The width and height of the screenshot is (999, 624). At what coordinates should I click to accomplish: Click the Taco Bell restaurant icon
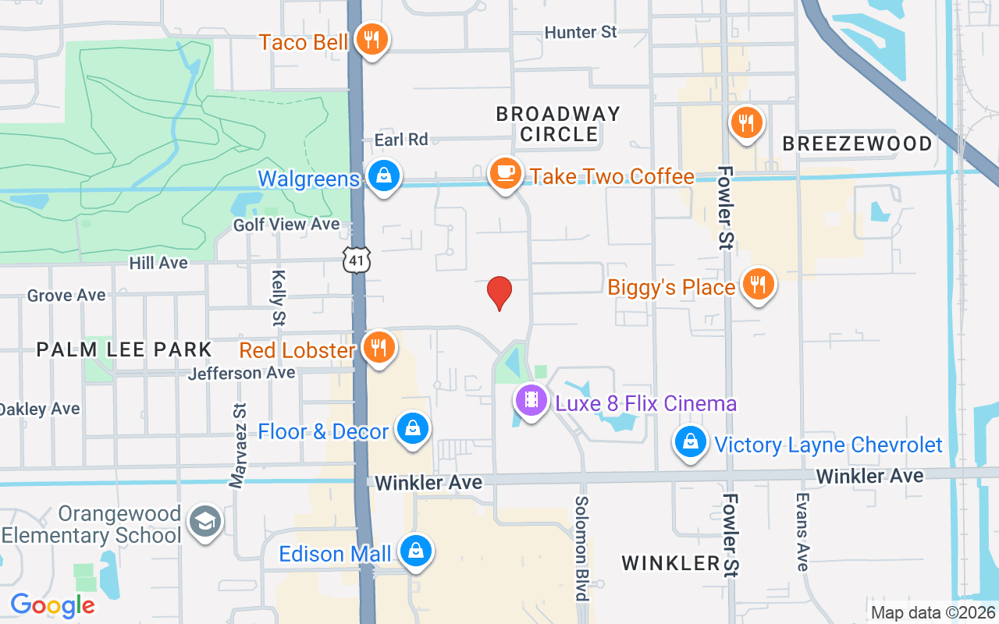pyautogui.click(x=372, y=39)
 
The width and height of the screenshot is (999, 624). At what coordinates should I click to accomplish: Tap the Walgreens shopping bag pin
pyautogui.click(x=384, y=176)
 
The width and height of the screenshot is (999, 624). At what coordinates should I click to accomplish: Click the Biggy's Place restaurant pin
pyautogui.click(x=756, y=285)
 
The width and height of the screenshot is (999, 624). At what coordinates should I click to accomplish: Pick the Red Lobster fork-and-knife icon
pyautogui.click(x=379, y=347)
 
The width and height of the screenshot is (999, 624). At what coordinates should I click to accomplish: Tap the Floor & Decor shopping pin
pyautogui.click(x=412, y=429)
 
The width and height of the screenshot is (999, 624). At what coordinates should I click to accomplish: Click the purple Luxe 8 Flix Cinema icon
pyautogui.click(x=531, y=401)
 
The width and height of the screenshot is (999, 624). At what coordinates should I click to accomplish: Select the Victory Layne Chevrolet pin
pyautogui.click(x=691, y=442)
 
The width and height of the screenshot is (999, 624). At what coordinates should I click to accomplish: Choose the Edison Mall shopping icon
pyautogui.click(x=415, y=551)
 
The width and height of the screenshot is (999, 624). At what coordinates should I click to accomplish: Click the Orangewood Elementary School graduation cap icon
pyautogui.click(x=205, y=523)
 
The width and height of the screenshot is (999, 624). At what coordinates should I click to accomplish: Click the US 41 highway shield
pyautogui.click(x=357, y=261)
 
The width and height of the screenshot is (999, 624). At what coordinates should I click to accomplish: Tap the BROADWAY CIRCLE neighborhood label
pyautogui.click(x=559, y=124)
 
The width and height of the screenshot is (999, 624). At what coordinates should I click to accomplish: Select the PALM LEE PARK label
pyautogui.click(x=124, y=349)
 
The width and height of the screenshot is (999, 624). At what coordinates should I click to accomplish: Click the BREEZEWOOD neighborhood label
pyautogui.click(x=857, y=144)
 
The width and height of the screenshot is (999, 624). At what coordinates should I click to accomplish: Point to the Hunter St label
pyautogui.click(x=581, y=32)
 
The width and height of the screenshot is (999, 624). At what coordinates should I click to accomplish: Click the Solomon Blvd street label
pyautogui.click(x=581, y=548)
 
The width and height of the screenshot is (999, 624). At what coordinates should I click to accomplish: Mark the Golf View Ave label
pyautogui.click(x=286, y=225)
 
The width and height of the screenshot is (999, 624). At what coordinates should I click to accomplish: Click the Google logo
pyautogui.click(x=53, y=605)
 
